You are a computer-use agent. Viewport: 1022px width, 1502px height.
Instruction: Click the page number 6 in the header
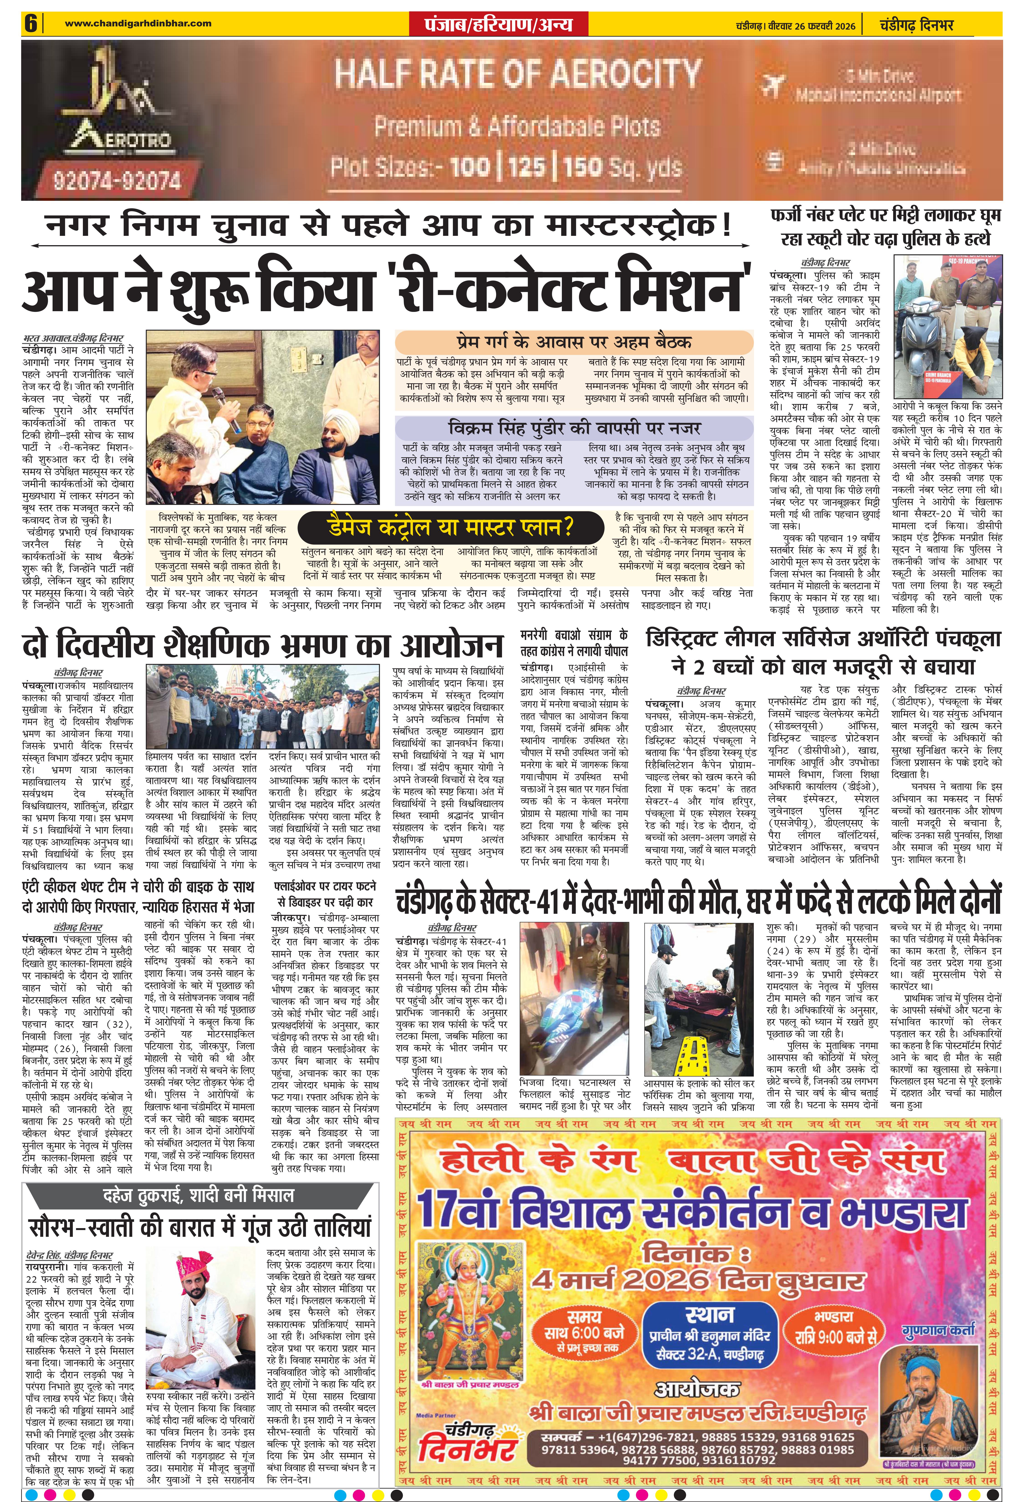[x=30, y=24]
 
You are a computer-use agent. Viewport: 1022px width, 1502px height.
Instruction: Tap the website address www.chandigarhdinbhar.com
[x=138, y=23]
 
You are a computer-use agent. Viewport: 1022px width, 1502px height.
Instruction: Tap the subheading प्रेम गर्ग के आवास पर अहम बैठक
[x=573, y=342]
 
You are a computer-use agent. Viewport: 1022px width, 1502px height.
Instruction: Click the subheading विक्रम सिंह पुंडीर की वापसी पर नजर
[x=573, y=428]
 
